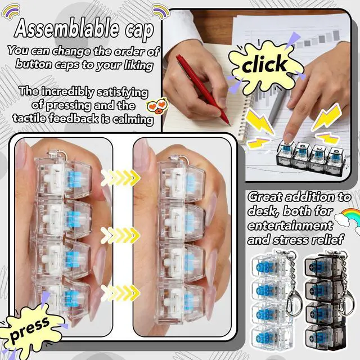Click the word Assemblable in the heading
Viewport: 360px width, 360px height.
coord(67,29)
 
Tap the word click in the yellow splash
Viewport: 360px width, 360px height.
coord(264,64)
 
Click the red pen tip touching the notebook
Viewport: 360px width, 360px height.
coord(229,124)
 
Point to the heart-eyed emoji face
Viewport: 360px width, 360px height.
coord(157,106)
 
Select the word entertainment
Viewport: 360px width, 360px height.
coord(290,226)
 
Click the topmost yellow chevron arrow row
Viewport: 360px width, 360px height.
coord(120,178)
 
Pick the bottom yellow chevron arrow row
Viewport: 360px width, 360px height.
coord(120,293)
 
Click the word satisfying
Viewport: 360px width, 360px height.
coord(122,93)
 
